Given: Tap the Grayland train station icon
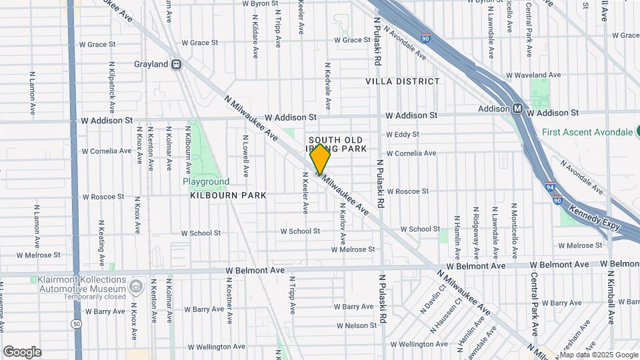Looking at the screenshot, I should [177, 65].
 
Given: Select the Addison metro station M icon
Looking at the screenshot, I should [517, 109].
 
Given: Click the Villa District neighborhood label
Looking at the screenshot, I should [403, 81].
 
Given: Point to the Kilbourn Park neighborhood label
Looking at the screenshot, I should [228, 195].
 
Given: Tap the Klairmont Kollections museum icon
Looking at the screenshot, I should [136, 287].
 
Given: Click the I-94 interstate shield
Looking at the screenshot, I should [549, 187].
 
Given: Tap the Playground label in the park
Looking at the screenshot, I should [207, 181].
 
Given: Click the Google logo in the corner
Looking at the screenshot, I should [22, 352].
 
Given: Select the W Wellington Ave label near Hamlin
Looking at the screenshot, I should [419, 344].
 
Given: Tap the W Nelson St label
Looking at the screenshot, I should [357, 326].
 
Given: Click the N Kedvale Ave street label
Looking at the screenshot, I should [327, 87].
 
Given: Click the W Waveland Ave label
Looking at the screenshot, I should [534, 75].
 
